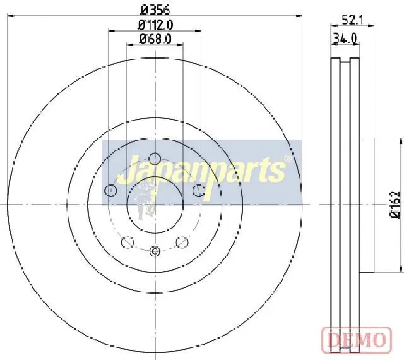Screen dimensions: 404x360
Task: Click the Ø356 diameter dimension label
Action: coord(155,10)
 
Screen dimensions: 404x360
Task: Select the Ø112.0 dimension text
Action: coord(155,25)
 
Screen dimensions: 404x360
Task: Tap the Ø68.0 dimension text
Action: coord(155,39)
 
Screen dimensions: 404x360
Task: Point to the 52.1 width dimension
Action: coord(352,20)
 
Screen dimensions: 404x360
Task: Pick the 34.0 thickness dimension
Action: coord(345,39)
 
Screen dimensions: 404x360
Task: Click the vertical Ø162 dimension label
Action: coord(396,205)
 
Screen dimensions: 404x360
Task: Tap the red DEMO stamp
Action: coord(357,340)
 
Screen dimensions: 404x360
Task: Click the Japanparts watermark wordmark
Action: coord(201,172)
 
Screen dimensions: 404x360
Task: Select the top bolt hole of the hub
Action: coord(155,159)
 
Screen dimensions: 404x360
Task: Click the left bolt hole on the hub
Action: coord(110,191)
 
